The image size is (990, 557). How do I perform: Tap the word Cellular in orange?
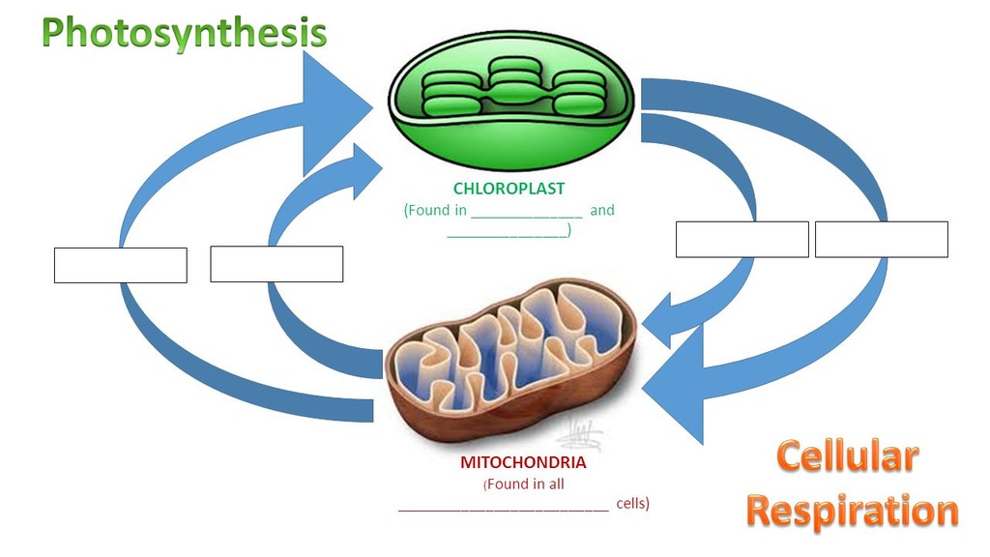[846, 456]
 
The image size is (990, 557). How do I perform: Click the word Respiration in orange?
[852, 511]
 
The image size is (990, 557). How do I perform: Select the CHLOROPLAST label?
[509, 189]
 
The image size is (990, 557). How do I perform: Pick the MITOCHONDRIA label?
[523, 462]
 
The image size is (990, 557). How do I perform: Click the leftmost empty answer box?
[120, 265]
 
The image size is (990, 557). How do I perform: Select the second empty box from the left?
[277, 264]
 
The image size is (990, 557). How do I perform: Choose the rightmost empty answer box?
[881, 239]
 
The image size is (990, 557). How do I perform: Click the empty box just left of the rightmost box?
[742, 239]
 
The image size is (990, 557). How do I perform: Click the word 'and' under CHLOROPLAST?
[601, 210]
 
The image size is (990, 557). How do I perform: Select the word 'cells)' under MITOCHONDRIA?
[632, 503]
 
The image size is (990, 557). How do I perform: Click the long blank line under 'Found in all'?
[503, 506]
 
